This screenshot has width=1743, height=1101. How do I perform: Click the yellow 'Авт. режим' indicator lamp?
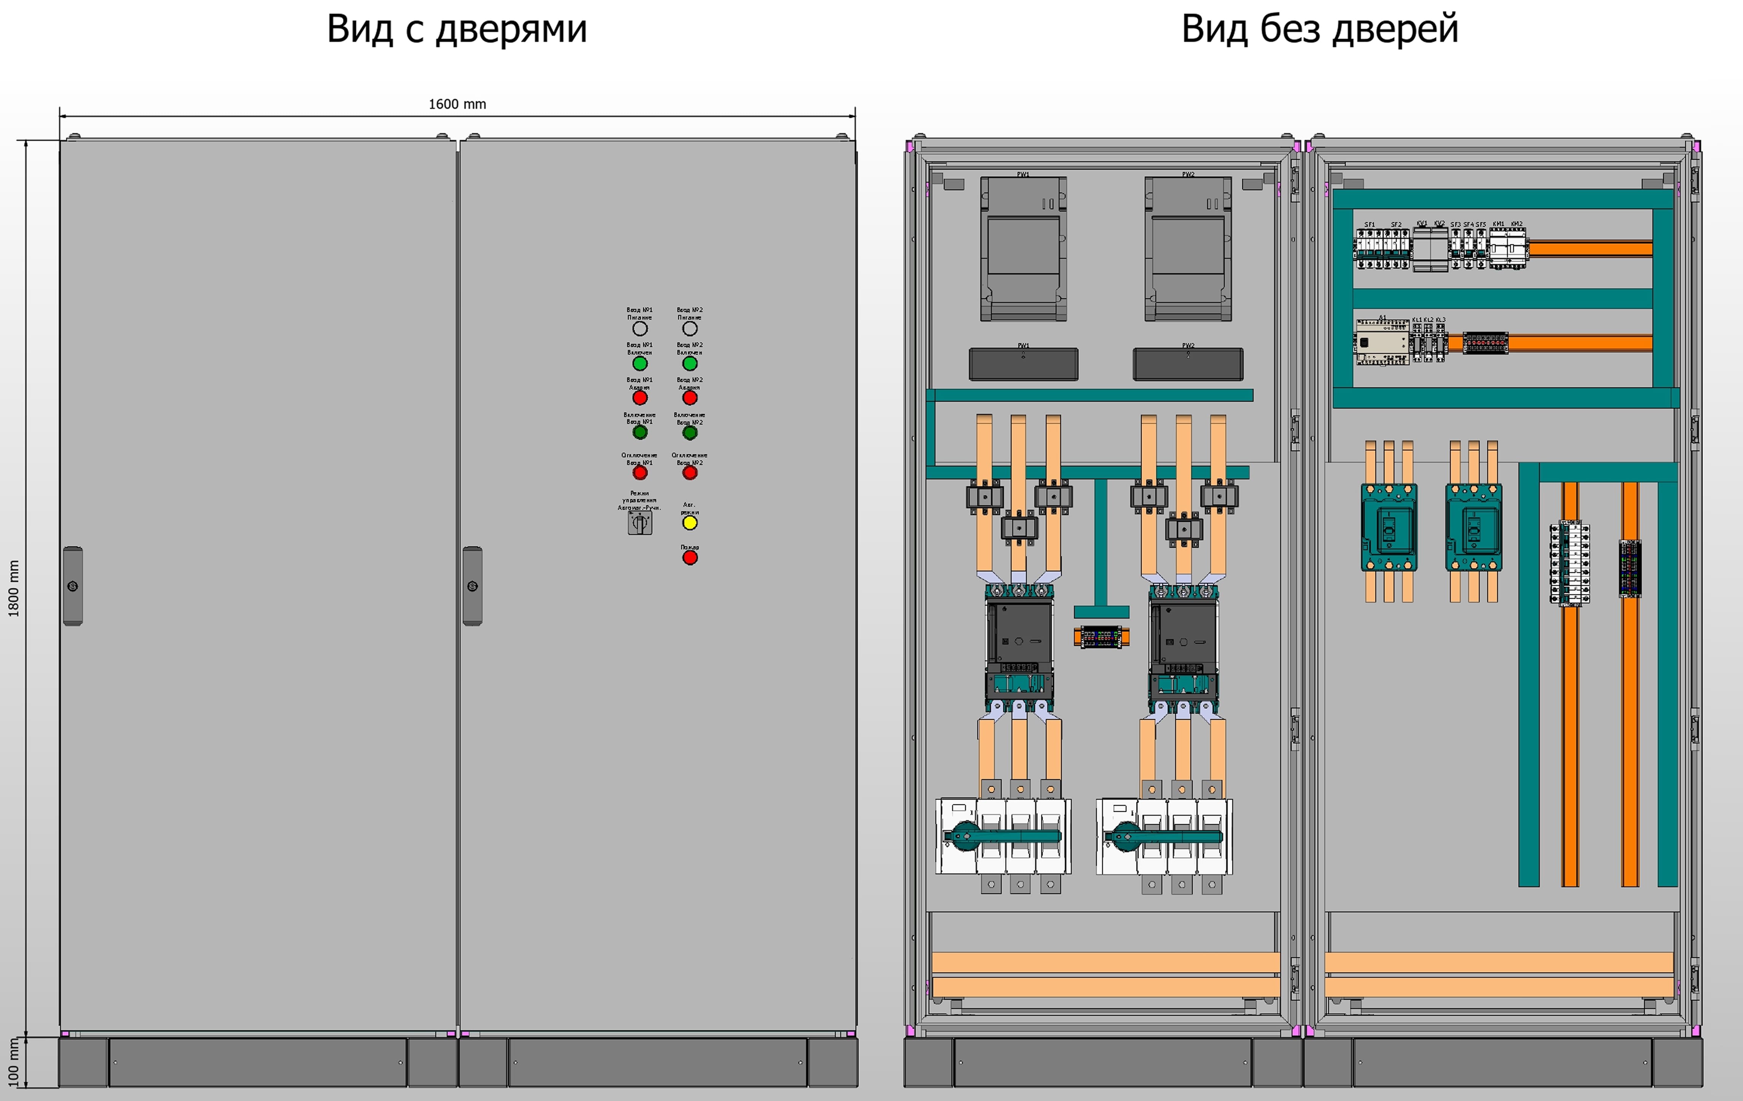(x=690, y=522)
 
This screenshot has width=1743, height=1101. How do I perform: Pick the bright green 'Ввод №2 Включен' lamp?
(x=690, y=363)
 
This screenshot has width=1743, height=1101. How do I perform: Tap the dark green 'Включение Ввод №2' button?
(x=690, y=433)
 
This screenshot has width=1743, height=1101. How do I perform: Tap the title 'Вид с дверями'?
(x=457, y=29)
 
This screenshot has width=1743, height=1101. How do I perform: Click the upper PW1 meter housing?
(x=1023, y=248)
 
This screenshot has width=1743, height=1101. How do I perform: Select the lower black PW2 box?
(x=1188, y=364)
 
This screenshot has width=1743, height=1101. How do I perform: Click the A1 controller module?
(x=1382, y=342)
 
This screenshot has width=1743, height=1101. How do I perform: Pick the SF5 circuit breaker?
(x=1481, y=248)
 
